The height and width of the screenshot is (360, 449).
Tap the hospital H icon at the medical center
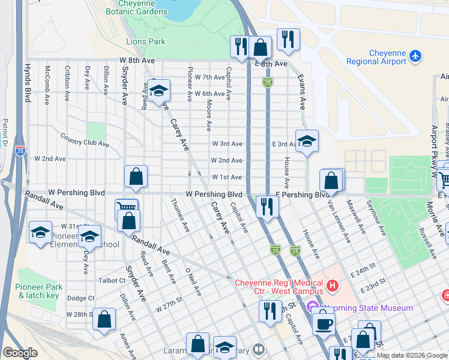[331, 283]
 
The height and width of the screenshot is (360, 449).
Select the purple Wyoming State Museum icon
[312, 308]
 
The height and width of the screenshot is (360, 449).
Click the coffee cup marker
[324, 323]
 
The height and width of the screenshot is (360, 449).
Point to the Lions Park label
[145, 42]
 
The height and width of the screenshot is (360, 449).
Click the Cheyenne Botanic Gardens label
[136, 8]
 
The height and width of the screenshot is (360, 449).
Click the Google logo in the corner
[20, 353]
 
